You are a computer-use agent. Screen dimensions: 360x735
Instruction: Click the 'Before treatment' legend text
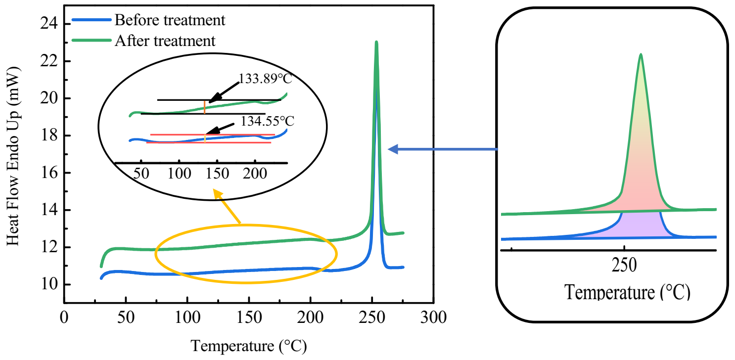tap(170, 20)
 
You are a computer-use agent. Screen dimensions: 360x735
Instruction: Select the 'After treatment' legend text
tap(165, 41)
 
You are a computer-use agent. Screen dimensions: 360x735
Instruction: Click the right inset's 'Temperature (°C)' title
tap(627, 292)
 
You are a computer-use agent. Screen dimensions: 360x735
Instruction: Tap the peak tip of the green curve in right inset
tap(641, 54)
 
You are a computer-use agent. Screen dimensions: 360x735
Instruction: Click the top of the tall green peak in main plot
tap(376, 43)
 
